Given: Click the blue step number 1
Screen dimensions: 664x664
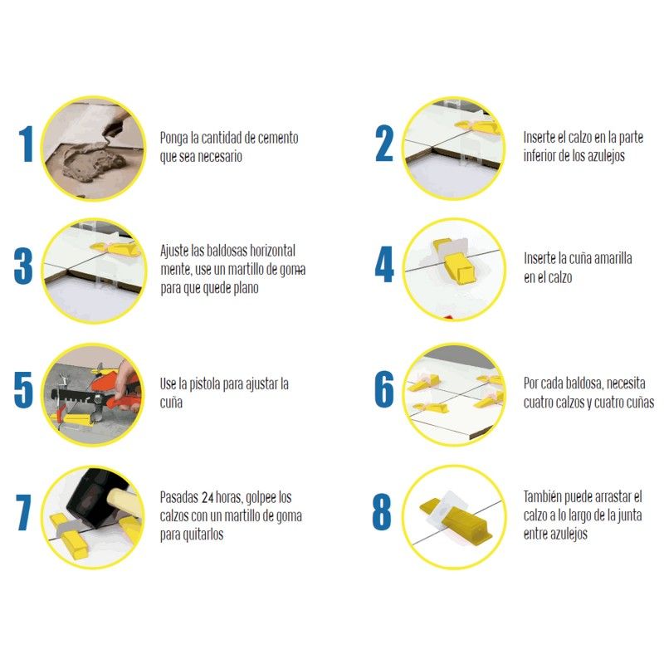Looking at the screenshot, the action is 27,144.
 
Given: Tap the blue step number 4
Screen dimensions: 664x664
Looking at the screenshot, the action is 384,264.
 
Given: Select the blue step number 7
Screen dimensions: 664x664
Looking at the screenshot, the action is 24,512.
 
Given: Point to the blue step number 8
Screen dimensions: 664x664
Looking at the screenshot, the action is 382,511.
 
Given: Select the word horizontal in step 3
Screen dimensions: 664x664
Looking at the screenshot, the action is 272,251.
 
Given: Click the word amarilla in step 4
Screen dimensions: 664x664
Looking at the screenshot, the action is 613,258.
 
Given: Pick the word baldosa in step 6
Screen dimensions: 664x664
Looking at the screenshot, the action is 584,383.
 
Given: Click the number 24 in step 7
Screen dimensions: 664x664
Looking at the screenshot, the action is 207,497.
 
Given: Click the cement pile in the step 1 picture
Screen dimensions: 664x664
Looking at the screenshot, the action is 92,161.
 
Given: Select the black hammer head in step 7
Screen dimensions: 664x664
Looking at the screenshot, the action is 92,496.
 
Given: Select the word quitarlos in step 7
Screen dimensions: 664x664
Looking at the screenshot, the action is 203,535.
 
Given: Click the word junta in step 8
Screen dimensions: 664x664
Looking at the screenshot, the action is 630,515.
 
